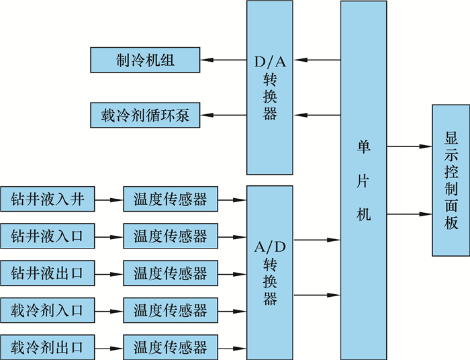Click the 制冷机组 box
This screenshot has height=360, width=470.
[144, 60]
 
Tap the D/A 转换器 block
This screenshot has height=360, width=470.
[270, 87]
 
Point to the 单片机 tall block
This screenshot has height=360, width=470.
[363, 180]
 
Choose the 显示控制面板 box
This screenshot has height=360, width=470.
[451, 180]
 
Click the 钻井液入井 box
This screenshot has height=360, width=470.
[46, 199]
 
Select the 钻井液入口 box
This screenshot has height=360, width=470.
[46, 236]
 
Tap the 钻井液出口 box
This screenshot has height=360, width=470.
[46, 273]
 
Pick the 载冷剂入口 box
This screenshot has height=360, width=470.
[46, 311]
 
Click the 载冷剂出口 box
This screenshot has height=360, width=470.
[46, 348]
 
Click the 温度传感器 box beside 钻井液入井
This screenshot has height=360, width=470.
[171, 199]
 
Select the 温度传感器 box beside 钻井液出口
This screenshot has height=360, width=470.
[171, 273]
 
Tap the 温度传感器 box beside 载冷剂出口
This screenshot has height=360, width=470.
[171, 348]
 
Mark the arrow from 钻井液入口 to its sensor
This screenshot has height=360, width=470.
[107, 236]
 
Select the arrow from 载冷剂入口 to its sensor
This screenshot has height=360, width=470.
[107, 311]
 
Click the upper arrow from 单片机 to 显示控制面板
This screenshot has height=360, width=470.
[409, 146]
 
